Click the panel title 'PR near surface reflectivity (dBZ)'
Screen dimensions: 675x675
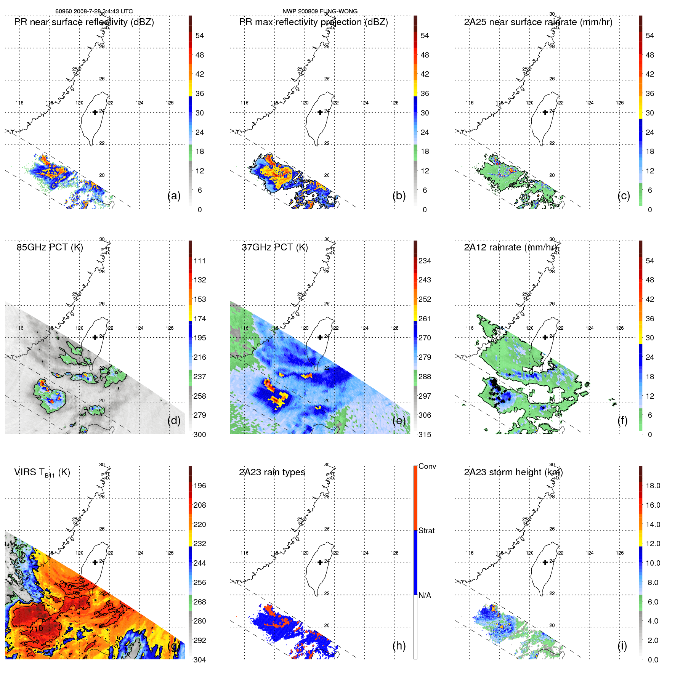click(x=84, y=22)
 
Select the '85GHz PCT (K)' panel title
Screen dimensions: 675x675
click(x=50, y=247)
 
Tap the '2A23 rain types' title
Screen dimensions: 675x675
click(x=272, y=472)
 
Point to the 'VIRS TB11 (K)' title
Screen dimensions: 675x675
click(x=42, y=473)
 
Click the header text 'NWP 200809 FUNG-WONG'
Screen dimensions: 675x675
click(x=320, y=11)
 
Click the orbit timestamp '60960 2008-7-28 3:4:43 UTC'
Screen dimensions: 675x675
click(x=94, y=11)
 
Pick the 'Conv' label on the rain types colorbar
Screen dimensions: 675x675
click(x=427, y=466)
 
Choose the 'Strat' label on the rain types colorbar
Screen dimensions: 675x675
click(x=426, y=531)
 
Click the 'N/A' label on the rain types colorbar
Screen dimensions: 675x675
click(x=425, y=595)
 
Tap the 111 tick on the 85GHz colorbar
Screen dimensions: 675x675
click(x=199, y=261)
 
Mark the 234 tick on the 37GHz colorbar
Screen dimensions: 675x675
click(x=425, y=261)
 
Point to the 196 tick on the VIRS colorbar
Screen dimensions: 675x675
click(x=199, y=486)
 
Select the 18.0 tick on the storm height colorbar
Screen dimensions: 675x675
click(x=653, y=486)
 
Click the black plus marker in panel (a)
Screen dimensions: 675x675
click(x=95, y=112)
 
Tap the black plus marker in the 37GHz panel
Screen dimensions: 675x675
click(x=320, y=337)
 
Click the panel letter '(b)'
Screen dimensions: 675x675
click(x=399, y=196)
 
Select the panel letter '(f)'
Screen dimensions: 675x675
click(x=622, y=420)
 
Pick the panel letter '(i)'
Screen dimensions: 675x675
click(x=622, y=646)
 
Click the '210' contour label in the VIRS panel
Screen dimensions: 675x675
click(x=36, y=628)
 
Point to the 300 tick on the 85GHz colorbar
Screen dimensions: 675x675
click(x=199, y=435)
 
